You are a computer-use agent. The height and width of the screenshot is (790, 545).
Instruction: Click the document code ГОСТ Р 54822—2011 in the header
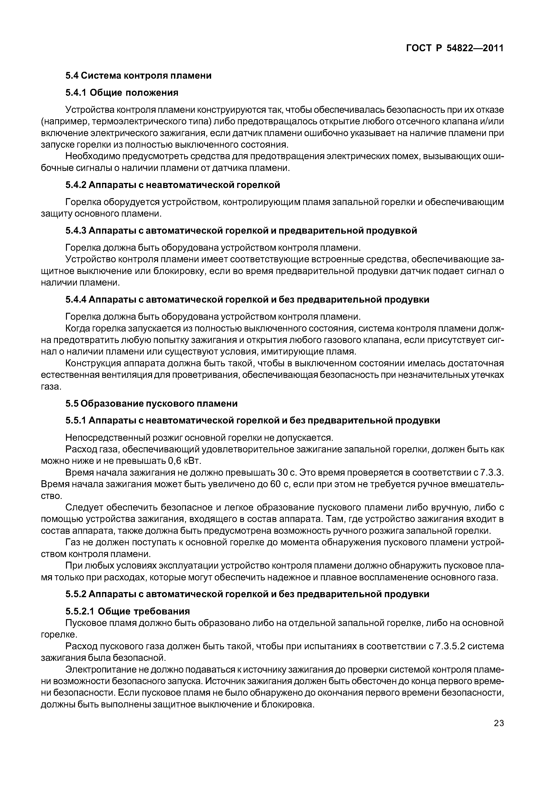click(x=455, y=48)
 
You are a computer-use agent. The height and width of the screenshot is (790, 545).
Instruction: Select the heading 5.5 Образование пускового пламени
click(x=151, y=404)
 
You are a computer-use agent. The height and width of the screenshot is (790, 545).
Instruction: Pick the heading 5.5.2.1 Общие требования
click(x=127, y=611)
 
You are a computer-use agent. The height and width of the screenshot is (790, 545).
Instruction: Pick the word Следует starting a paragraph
click(x=82, y=508)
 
